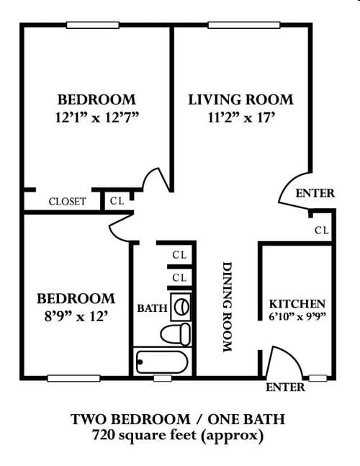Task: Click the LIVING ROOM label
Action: [240, 99]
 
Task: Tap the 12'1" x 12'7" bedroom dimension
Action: [96, 117]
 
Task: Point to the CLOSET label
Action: [67, 202]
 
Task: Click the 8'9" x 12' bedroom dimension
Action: [76, 315]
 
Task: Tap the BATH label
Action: [152, 309]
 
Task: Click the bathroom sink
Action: [181, 307]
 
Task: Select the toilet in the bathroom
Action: [176, 334]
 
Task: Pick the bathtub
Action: [162, 359]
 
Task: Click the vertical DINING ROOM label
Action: [227, 306]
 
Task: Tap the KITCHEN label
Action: [297, 304]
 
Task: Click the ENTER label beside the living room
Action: [315, 193]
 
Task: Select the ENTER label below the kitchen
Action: [285, 387]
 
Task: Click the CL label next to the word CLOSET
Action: [117, 201]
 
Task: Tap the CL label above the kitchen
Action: [321, 230]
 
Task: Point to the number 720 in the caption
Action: [105, 436]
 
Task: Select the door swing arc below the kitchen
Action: [276, 364]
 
